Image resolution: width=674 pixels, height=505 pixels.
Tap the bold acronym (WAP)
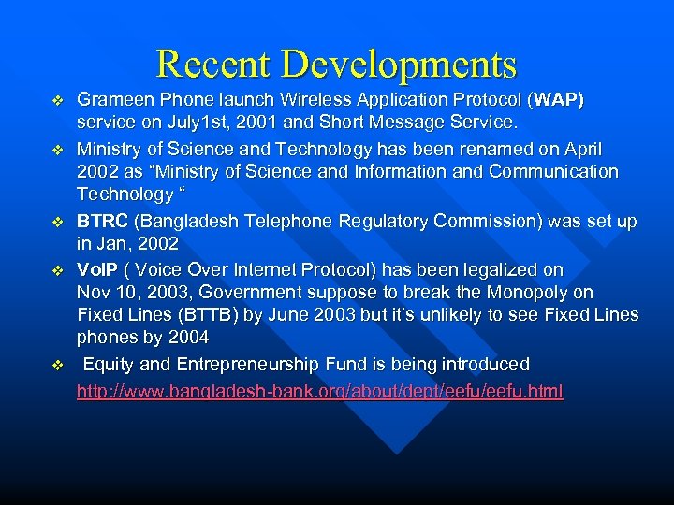tap(558, 99)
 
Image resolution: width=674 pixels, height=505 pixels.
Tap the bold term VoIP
tap(96, 269)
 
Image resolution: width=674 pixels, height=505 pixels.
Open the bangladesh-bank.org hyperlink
tap(319, 391)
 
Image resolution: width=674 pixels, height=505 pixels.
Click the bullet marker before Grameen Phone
tap(58, 100)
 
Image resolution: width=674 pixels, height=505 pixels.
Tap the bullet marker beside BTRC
tap(58, 223)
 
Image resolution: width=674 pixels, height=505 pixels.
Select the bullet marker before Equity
tap(58, 365)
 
